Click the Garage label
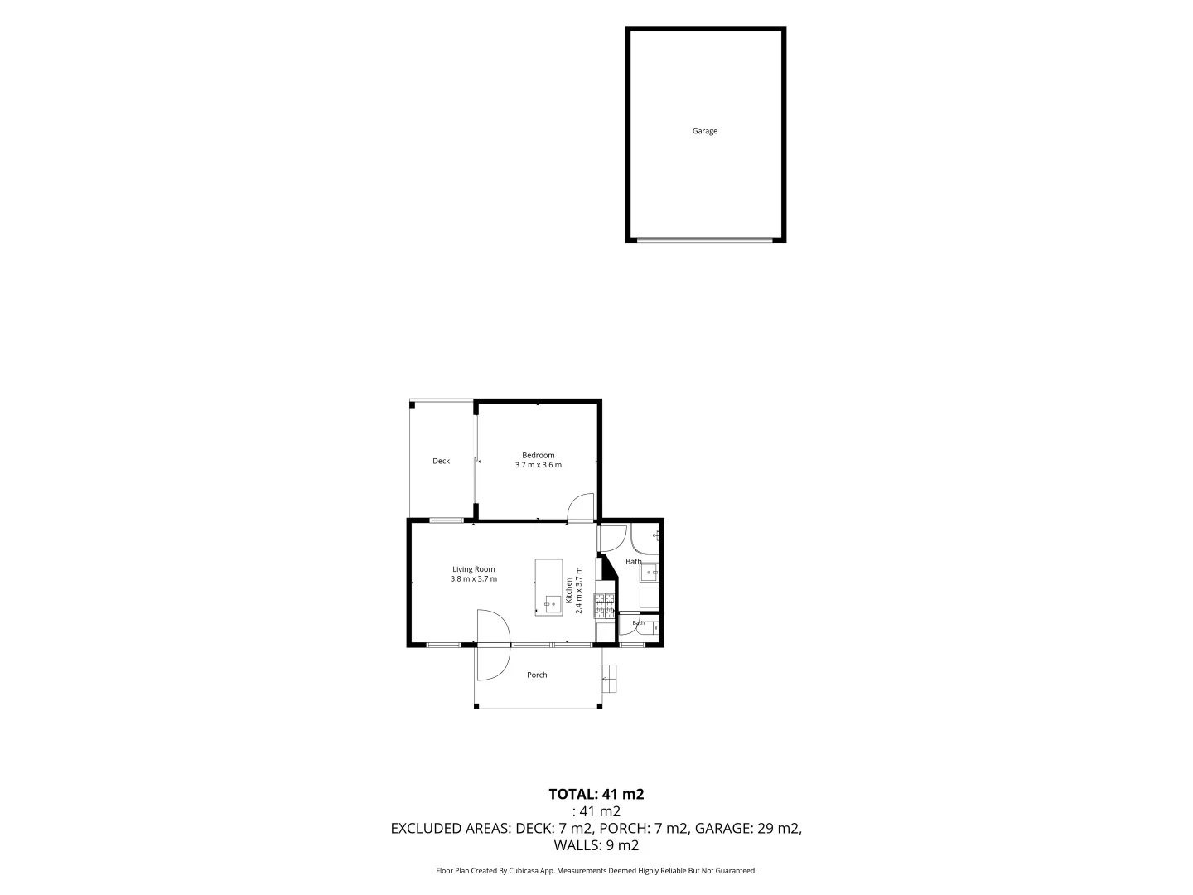704,131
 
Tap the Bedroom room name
538,456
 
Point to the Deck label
441,461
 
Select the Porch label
537,675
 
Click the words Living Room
473,569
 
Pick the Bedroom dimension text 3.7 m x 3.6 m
538,465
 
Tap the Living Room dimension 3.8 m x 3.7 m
473,578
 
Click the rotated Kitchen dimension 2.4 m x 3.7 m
578,591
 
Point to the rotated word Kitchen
568,591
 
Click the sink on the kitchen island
550,604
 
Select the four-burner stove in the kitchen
605,607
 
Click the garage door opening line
704,239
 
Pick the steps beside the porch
609,678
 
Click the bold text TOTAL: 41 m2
596,795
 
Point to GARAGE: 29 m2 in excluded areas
748,828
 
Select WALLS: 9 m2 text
596,845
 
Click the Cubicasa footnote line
596,870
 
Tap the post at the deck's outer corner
412,405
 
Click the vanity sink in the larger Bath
650,573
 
